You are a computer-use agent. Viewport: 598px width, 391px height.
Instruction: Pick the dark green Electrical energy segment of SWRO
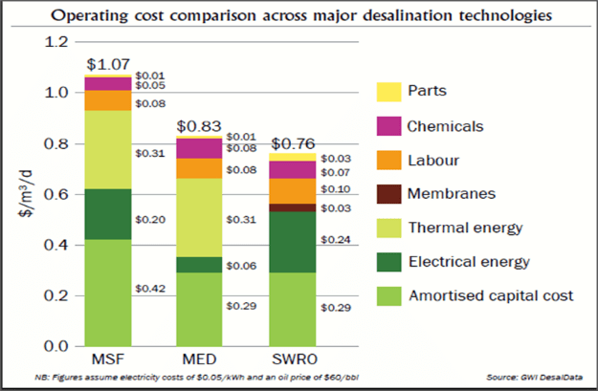[x=291, y=243]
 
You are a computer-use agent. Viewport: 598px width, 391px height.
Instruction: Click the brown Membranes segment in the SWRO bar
[x=291, y=207]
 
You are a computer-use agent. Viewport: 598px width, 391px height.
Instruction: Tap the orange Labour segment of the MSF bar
[x=108, y=99]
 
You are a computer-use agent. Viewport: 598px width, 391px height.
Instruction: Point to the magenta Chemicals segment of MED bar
[x=199, y=148]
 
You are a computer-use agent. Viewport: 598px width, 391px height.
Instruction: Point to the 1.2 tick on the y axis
[x=58, y=42]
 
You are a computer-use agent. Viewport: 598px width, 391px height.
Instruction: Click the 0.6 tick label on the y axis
[x=58, y=194]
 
